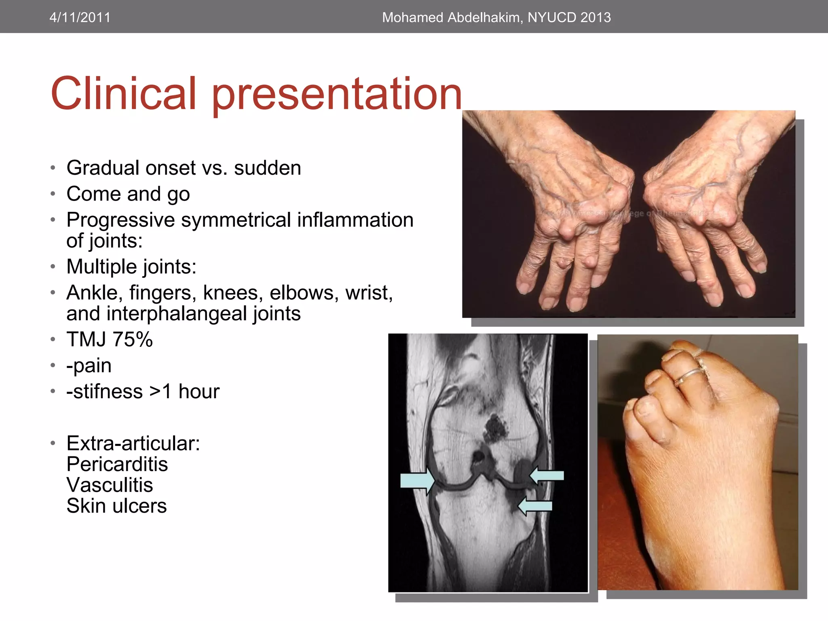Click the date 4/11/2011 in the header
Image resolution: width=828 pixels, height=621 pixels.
click(80, 17)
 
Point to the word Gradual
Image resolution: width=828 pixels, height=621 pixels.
click(103, 168)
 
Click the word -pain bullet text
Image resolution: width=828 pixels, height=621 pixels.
click(89, 365)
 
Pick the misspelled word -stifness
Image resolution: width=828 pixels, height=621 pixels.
click(104, 391)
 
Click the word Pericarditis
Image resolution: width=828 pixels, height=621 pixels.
click(117, 464)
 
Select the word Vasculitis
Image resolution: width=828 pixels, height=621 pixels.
click(110, 485)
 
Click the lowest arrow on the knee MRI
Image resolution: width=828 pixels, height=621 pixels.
click(535, 506)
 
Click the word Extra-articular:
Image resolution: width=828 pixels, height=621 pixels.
click(133, 444)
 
